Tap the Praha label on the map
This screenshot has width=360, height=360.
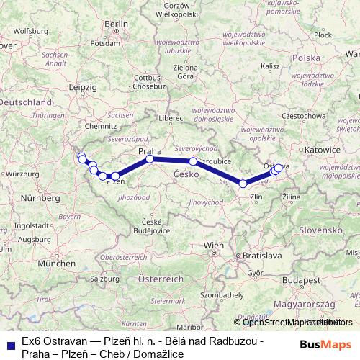149,150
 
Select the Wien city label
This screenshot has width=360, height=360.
214,246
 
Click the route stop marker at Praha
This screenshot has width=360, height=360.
150,159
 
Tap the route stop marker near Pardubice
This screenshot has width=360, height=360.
193,161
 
